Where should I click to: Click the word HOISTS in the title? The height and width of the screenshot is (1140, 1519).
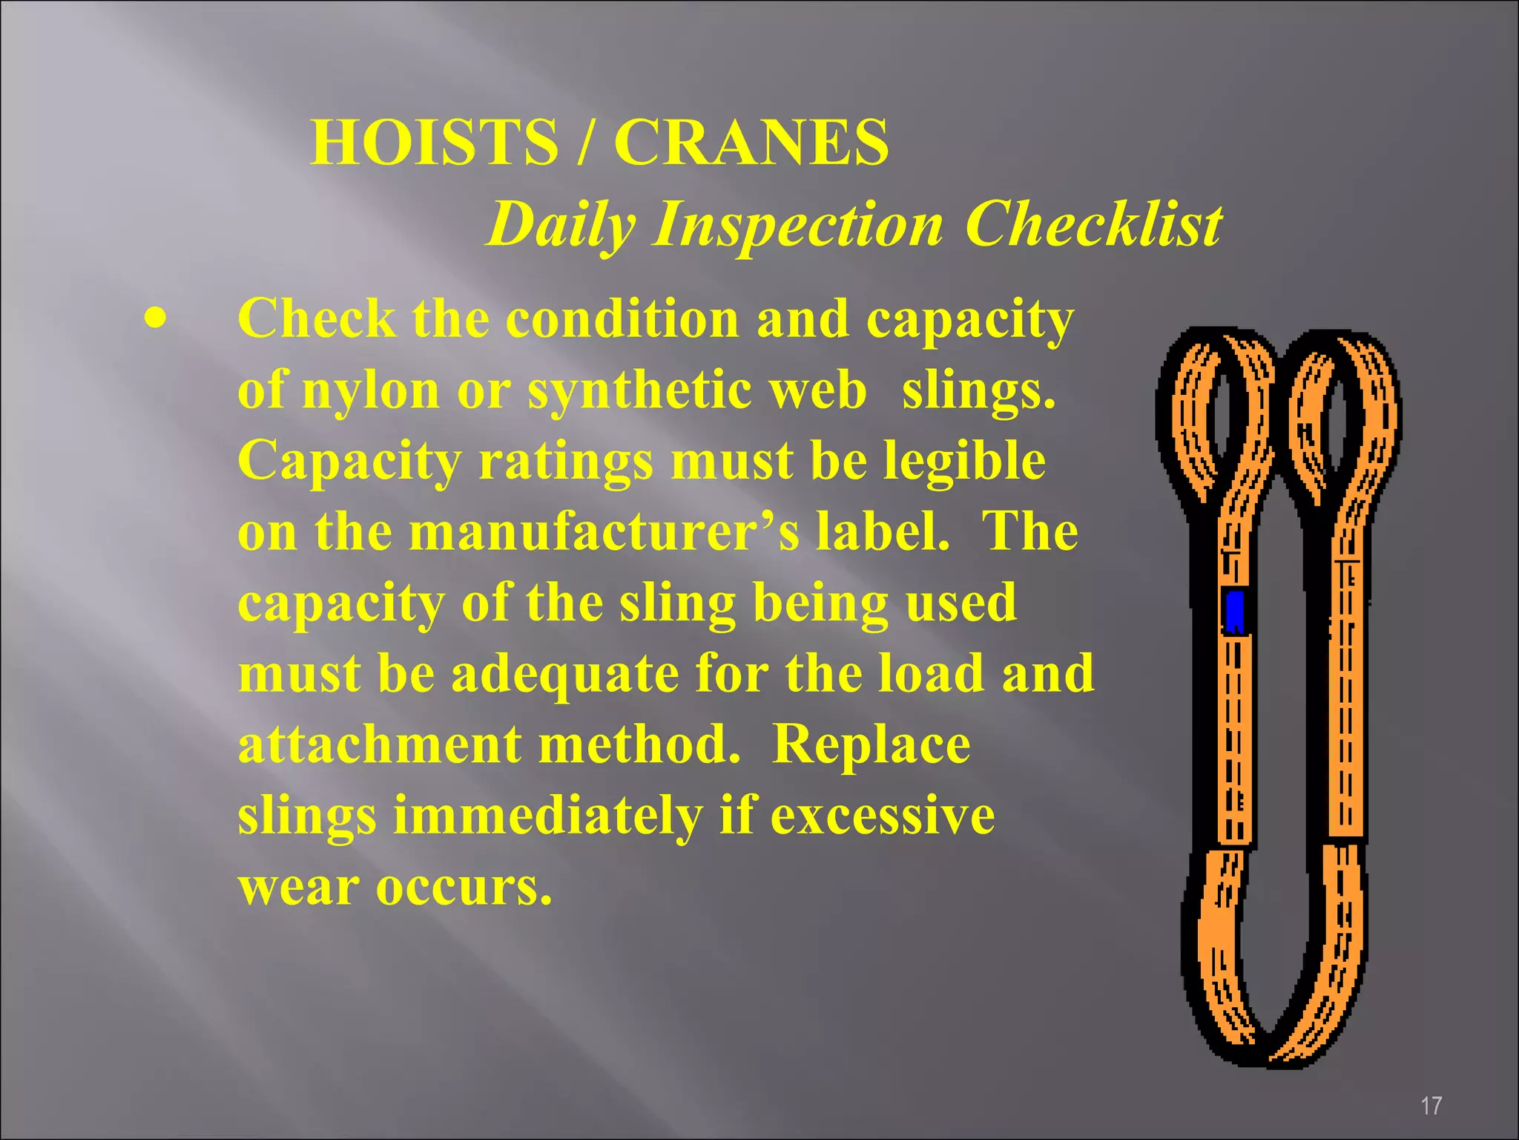[x=434, y=142]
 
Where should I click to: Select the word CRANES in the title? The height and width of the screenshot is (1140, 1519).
[x=751, y=142]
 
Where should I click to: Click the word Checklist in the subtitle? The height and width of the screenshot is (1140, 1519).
[x=1093, y=225]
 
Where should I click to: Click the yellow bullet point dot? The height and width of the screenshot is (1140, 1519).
[x=155, y=321]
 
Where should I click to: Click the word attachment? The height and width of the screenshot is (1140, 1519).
[x=380, y=744]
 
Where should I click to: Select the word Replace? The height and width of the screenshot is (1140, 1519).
[x=871, y=744]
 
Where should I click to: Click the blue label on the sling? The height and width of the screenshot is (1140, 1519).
[x=1234, y=612]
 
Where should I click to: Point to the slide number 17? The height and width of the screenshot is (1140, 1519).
[x=1431, y=1105]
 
